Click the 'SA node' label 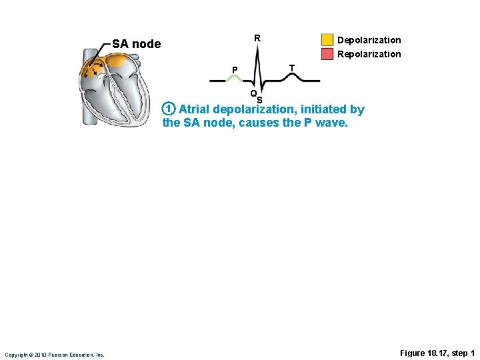coord(136,44)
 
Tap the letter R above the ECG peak coord(257,38)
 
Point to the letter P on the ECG coord(235,69)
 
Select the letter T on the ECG coord(291,68)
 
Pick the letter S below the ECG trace coord(259,101)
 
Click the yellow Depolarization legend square coord(327,40)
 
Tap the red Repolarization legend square coord(327,53)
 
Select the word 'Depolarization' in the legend coord(369,41)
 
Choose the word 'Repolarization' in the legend coord(369,54)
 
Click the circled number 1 coord(169,109)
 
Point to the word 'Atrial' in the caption coord(194,109)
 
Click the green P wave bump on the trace coord(235,77)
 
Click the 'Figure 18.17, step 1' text coord(437,353)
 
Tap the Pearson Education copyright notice coord(54,355)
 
